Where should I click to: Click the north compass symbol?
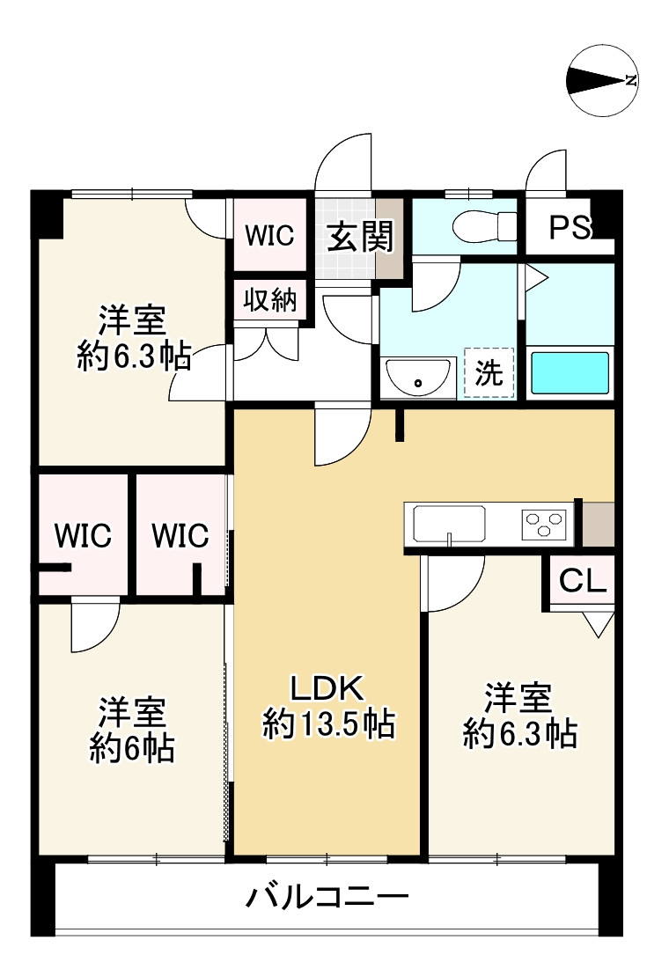pos(603,80)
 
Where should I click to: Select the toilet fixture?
pos(483,226)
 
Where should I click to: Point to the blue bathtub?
pos(570,373)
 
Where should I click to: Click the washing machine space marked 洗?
pos(489,373)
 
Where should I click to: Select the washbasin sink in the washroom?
pos(418,377)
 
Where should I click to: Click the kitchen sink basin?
pos(450,525)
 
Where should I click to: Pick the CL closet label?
pos(583,581)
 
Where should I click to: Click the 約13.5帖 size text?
pos(327,724)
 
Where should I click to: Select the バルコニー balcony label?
pos(327,899)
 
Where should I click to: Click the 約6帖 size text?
pos(132,748)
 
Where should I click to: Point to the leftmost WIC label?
pos(84,535)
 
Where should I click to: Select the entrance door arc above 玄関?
pos(345,164)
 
